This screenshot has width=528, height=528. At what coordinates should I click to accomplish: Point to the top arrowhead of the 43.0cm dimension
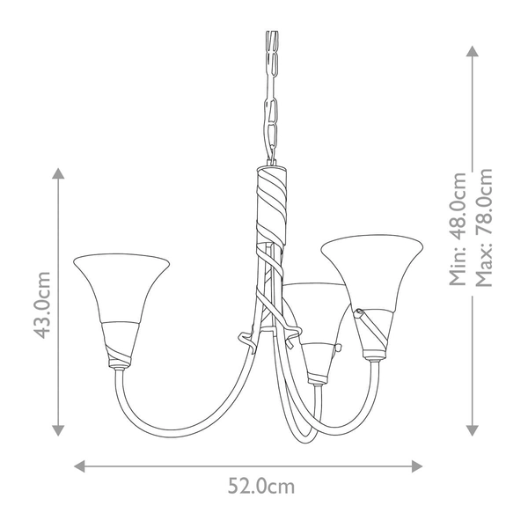tap(59, 174)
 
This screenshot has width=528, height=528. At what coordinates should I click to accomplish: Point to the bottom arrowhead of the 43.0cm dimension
tap(59, 429)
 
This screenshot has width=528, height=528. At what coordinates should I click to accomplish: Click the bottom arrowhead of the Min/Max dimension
tap(473, 429)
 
